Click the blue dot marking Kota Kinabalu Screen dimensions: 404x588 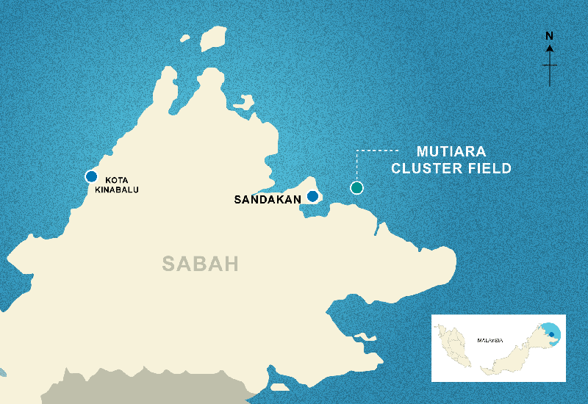(x=91, y=176)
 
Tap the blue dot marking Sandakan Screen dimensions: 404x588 (x=312, y=196)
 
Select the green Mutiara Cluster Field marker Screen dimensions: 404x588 (x=356, y=188)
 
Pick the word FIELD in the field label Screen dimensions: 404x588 (x=488, y=168)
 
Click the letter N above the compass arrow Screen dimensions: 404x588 (x=549, y=35)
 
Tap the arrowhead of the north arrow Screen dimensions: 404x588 (x=549, y=48)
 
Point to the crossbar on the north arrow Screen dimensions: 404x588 (x=549, y=65)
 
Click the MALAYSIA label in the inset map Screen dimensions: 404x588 (x=489, y=340)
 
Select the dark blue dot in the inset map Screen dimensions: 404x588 (x=551, y=334)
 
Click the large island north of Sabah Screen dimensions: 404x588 (x=212, y=40)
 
